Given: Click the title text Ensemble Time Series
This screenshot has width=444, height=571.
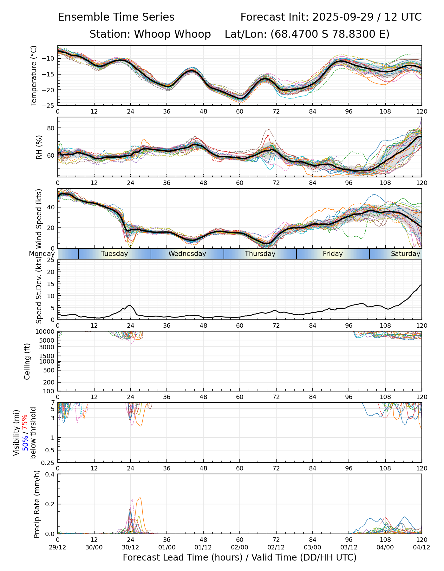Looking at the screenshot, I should tap(116, 17).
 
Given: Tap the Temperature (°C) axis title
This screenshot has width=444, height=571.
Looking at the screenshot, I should tap(34, 75).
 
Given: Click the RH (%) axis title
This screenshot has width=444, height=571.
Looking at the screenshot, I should tap(39, 147).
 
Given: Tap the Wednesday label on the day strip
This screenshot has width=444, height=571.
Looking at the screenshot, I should tap(187, 254).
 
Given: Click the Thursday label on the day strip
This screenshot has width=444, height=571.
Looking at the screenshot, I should tap(260, 254).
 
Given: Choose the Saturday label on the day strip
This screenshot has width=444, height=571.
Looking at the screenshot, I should tap(405, 254).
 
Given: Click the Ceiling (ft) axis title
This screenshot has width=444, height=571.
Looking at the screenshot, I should tap(27, 361).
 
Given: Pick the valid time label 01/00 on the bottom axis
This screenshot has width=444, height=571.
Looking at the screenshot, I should tap(167, 548).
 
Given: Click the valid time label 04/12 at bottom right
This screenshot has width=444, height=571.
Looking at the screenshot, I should tap(421, 548).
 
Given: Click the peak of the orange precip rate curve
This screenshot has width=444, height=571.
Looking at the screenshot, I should tap(140, 498).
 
